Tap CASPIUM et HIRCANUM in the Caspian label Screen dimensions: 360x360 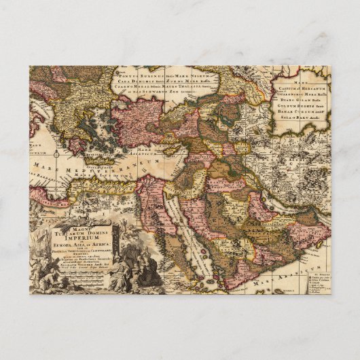click(303, 89)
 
